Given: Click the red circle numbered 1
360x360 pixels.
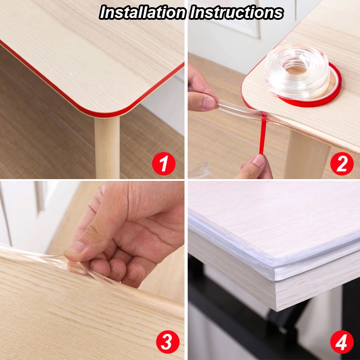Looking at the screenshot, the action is click(163, 163).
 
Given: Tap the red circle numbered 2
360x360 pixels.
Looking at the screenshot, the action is click(342, 163).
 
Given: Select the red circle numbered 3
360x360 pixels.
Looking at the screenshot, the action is click(167, 342).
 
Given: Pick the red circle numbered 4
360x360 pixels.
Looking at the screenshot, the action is click(342, 342).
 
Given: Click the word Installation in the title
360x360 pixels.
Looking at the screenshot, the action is click(143, 12).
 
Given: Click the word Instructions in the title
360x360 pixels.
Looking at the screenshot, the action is click(237, 12).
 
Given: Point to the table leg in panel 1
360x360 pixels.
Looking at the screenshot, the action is click(107, 147).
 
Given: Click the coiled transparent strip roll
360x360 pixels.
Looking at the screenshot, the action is click(297, 71).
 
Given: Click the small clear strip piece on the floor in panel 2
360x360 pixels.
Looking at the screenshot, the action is click(199, 170).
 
